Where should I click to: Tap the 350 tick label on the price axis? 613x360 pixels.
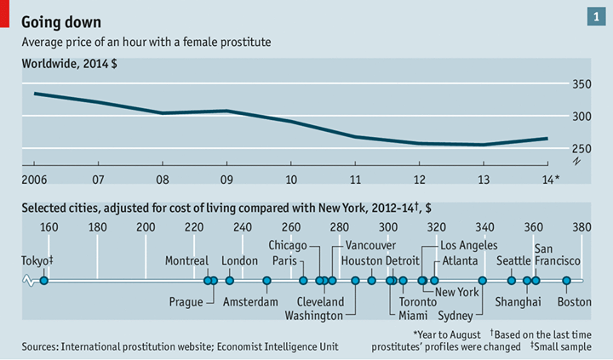[x=578, y=84]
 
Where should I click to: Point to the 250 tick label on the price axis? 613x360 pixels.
[x=578, y=148]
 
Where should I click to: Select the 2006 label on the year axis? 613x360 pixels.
[x=34, y=179]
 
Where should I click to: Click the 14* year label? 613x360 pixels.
[x=551, y=179]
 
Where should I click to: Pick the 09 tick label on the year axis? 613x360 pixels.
[x=226, y=179]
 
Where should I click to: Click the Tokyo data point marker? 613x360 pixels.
[x=44, y=280]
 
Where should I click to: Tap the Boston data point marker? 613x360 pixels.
[x=566, y=280]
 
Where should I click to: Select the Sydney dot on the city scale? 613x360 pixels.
[x=483, y=280]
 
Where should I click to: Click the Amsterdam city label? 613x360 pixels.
[x=250, y=301]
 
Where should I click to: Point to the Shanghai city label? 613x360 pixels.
[x=518, y=301]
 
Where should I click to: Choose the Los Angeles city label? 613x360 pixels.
[x=468, y=245]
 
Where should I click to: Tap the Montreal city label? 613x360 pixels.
[x=186, y=260]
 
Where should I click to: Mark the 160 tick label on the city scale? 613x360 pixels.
[x=49, y=226]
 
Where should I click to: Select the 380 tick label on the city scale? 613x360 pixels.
[x=581, y=226]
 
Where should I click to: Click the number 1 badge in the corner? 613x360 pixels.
[x=593, y=16]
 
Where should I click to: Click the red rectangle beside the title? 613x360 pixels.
[x=5, y=13]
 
